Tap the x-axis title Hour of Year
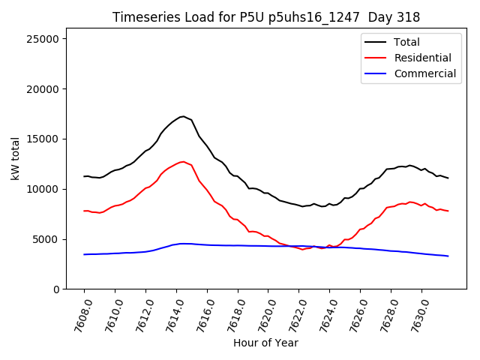265,343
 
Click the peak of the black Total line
182,116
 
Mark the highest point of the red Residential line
183,161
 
